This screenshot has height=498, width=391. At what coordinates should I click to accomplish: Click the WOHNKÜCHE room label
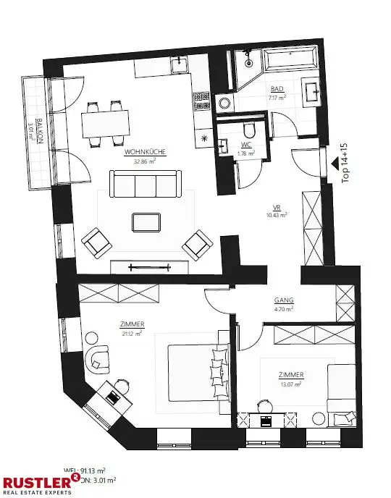click(146, 152)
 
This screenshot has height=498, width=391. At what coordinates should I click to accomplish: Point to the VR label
click(276, 206)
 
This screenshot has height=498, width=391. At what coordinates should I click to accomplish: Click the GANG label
click(283, 300)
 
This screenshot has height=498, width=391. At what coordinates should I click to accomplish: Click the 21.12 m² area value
click(133, 333)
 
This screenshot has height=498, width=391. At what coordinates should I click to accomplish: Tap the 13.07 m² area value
click(291, 384)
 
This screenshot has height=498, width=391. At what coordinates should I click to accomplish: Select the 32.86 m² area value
click(146, 161)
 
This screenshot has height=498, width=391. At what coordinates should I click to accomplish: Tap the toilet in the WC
click(250, 130)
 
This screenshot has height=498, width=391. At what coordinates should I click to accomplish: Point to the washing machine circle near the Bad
click(222, 103)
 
